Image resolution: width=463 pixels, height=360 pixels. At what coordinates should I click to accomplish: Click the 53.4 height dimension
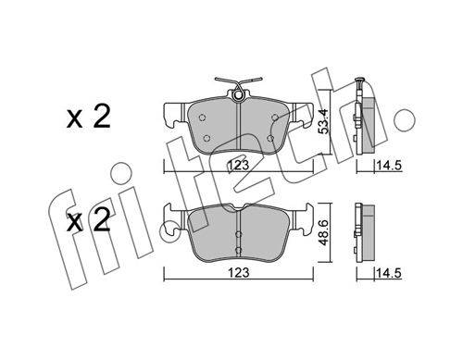point(324,121)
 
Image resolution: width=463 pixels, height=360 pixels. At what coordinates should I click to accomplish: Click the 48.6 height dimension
point(324,233)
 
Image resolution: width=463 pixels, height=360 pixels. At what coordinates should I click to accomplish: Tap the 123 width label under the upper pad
point(238,166)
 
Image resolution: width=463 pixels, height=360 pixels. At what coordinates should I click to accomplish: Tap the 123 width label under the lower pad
point(238,272)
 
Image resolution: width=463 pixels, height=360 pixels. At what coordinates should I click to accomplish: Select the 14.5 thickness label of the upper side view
point(388,166)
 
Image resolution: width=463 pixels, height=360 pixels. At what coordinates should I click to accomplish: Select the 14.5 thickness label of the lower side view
point(388,273)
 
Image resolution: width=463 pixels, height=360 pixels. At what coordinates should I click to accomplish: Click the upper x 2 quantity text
point(89,118)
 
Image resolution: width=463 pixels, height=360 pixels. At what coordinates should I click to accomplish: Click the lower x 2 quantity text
point(89,221)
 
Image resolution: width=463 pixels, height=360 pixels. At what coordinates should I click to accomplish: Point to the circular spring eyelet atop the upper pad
point(238,96)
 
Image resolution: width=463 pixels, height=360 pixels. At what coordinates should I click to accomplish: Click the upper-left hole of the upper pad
point(202,118)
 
